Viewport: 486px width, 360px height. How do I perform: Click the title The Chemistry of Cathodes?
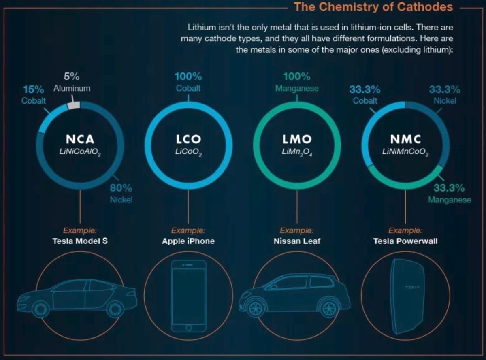[373, 7]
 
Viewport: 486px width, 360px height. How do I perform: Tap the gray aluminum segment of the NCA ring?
[73, 105]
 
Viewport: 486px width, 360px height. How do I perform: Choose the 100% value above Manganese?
[297, 77]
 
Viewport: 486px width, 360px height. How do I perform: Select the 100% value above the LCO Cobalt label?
[188, 77]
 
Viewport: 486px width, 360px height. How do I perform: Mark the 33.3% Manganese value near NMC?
[449, 188]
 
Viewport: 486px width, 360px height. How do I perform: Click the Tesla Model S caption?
[80, 241]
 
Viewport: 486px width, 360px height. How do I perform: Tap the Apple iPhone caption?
[188, 241]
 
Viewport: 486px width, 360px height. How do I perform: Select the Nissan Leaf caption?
[297, 241]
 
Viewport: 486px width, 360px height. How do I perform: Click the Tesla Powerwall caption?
[405, 241]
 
